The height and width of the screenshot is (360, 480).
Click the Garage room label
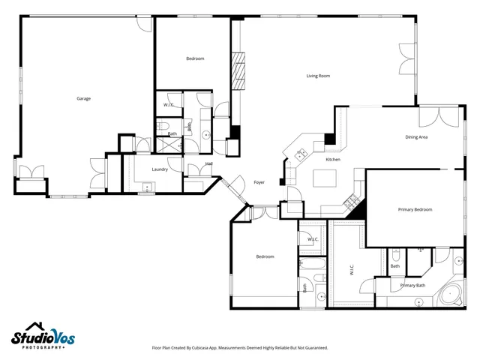(83, 98)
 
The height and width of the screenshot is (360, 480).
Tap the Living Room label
(318, 76)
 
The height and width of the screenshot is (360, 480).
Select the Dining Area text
(416, 137)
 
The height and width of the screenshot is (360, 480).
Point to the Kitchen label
(333, 160)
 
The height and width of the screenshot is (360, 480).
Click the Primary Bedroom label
(415, 209)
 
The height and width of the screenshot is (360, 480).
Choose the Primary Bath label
(412, 285)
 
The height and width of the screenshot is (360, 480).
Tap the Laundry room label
(160, 169)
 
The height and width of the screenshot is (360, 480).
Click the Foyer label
(259, 182)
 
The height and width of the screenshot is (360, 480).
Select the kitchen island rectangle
(325, 178)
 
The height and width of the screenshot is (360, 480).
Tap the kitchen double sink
(301, 155)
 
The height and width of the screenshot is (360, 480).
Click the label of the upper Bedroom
(195, 58)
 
